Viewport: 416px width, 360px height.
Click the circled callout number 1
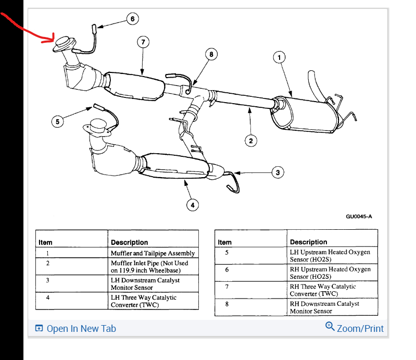click(280, 57)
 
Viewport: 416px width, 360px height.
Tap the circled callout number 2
click(250, 140)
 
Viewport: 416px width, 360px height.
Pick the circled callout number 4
click(192, 205)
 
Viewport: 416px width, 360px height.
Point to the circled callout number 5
click(58, 121)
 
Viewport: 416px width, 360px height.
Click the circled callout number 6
click(132, 19)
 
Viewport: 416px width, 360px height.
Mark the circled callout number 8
click(211, 54)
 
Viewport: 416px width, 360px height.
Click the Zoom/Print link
click(360, 329)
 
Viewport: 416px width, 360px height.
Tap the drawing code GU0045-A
click(359, 217)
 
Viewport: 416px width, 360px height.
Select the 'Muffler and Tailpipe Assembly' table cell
click(153, 253)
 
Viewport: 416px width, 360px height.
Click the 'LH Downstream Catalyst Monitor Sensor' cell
click(153, 283)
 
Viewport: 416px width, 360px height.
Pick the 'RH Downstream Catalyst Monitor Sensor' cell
click(332, 307)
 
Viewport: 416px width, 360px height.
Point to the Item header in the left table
click(46, 242)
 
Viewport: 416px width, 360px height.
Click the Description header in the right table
click(309, 242)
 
